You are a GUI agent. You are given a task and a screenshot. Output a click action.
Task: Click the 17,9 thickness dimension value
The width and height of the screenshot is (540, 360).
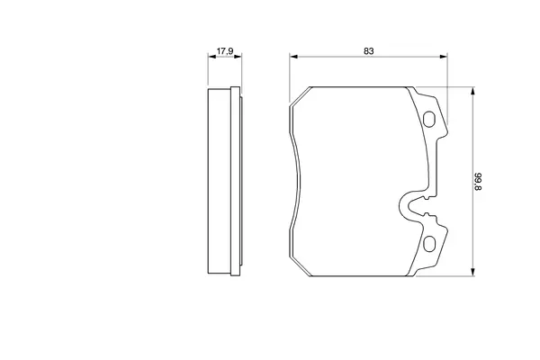224,51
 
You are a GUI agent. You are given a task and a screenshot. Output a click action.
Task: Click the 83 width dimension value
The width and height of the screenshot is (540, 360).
368,51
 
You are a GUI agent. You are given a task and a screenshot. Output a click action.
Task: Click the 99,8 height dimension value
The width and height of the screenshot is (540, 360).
479,182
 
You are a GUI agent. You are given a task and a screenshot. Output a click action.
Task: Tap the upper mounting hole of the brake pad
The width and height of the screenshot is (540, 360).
429,119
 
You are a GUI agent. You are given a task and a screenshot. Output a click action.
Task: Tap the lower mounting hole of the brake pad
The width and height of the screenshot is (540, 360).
429,244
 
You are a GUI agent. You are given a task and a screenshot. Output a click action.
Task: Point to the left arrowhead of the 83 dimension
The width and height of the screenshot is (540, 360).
293,57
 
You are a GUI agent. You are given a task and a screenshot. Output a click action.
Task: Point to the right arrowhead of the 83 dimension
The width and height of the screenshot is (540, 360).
444,57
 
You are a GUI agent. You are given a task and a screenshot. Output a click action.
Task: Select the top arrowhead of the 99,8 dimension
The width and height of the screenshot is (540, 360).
472,91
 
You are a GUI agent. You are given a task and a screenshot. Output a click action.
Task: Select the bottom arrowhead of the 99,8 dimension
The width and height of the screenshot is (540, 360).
472,272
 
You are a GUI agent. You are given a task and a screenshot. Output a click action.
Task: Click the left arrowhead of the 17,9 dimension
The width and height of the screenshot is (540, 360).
211,57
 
